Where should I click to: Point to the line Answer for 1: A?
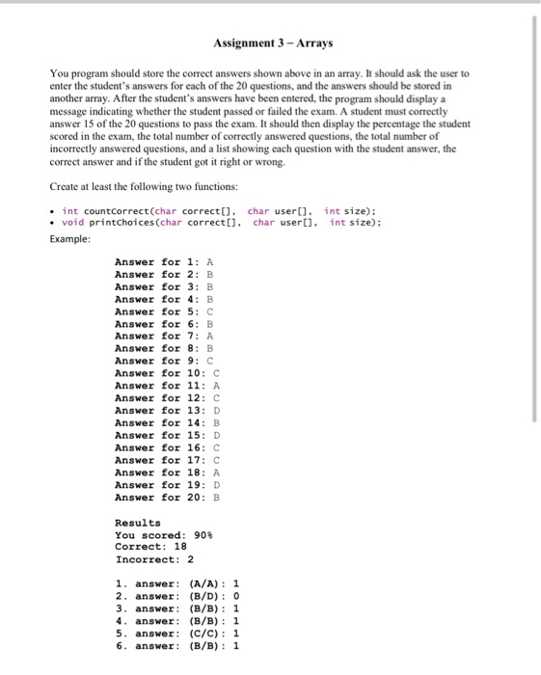[164, 262]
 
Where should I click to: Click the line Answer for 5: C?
[164, 311]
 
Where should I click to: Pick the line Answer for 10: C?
[167, 373]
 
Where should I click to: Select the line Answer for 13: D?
[167, 410]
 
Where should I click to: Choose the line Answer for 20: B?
[167, 497]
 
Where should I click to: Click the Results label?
[138, 523]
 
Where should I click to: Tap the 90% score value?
[203, 535]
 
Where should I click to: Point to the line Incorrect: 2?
[153, 559]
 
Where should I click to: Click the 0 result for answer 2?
[237, 596]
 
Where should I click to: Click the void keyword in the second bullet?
[73, 223]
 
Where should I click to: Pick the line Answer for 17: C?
[167, 460]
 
